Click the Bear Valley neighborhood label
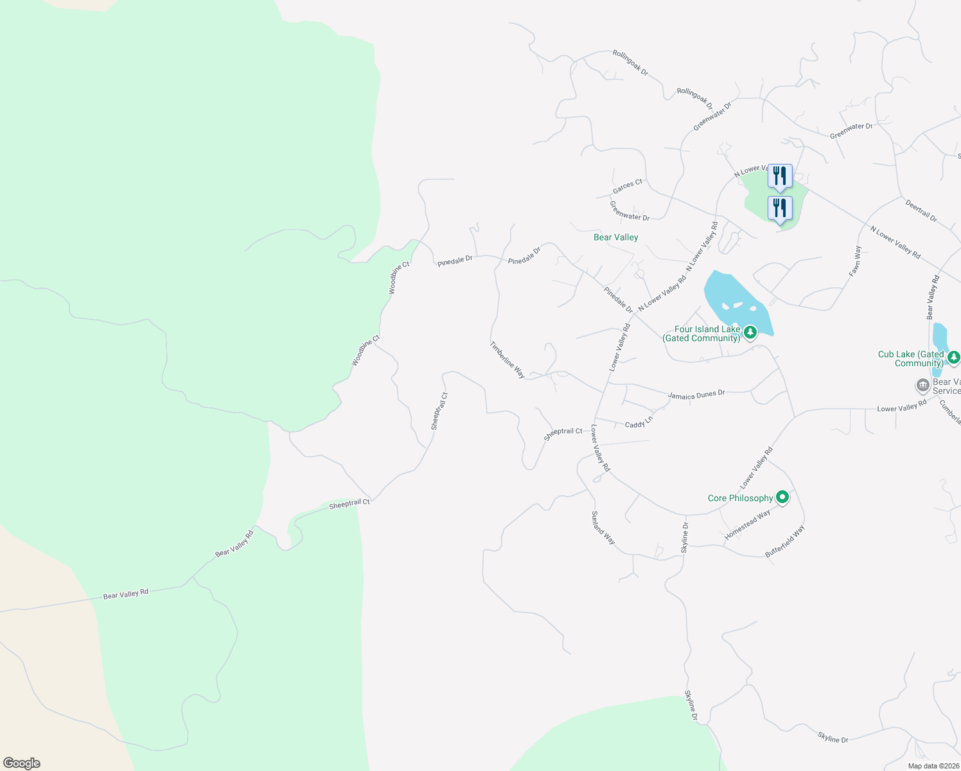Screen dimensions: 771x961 click(x=615, y=238)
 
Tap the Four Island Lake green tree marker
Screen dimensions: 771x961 click(x=750, y=332)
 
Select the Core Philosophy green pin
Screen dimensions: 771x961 click(x=782, y=497)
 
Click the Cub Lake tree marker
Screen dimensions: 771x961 click(x=954, y=357)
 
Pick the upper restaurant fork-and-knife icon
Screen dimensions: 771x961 click(x=780, y=175)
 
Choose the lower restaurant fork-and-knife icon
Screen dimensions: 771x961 click(x=780, y=208)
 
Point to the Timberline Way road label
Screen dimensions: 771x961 click(x=507, y=360)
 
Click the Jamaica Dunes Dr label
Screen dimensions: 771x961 click(x=696, y=394)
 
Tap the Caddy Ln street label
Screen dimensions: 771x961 click(x=639, y=422)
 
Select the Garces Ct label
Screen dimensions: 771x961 click(x=628, y=186)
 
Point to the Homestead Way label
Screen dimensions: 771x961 click(x=747, y=524)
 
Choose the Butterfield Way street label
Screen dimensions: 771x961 click(x=785, y=542)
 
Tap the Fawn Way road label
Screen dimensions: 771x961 click(x=855, y=261)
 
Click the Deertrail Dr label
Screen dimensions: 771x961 click(x=921, y=210)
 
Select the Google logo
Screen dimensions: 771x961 click(x=21, y=763)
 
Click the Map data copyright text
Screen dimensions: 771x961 click(x=933, y=766)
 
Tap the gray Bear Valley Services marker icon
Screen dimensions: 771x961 click(x=923, y=385)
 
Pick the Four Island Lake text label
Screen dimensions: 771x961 click(x=702, y=333)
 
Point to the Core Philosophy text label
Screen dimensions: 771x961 click(x=740, y=498)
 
